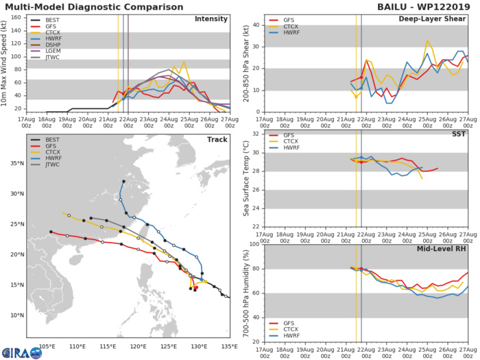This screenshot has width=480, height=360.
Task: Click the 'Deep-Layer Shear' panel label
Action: [432, 19]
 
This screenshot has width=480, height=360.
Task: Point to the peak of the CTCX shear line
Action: [427, 40]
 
